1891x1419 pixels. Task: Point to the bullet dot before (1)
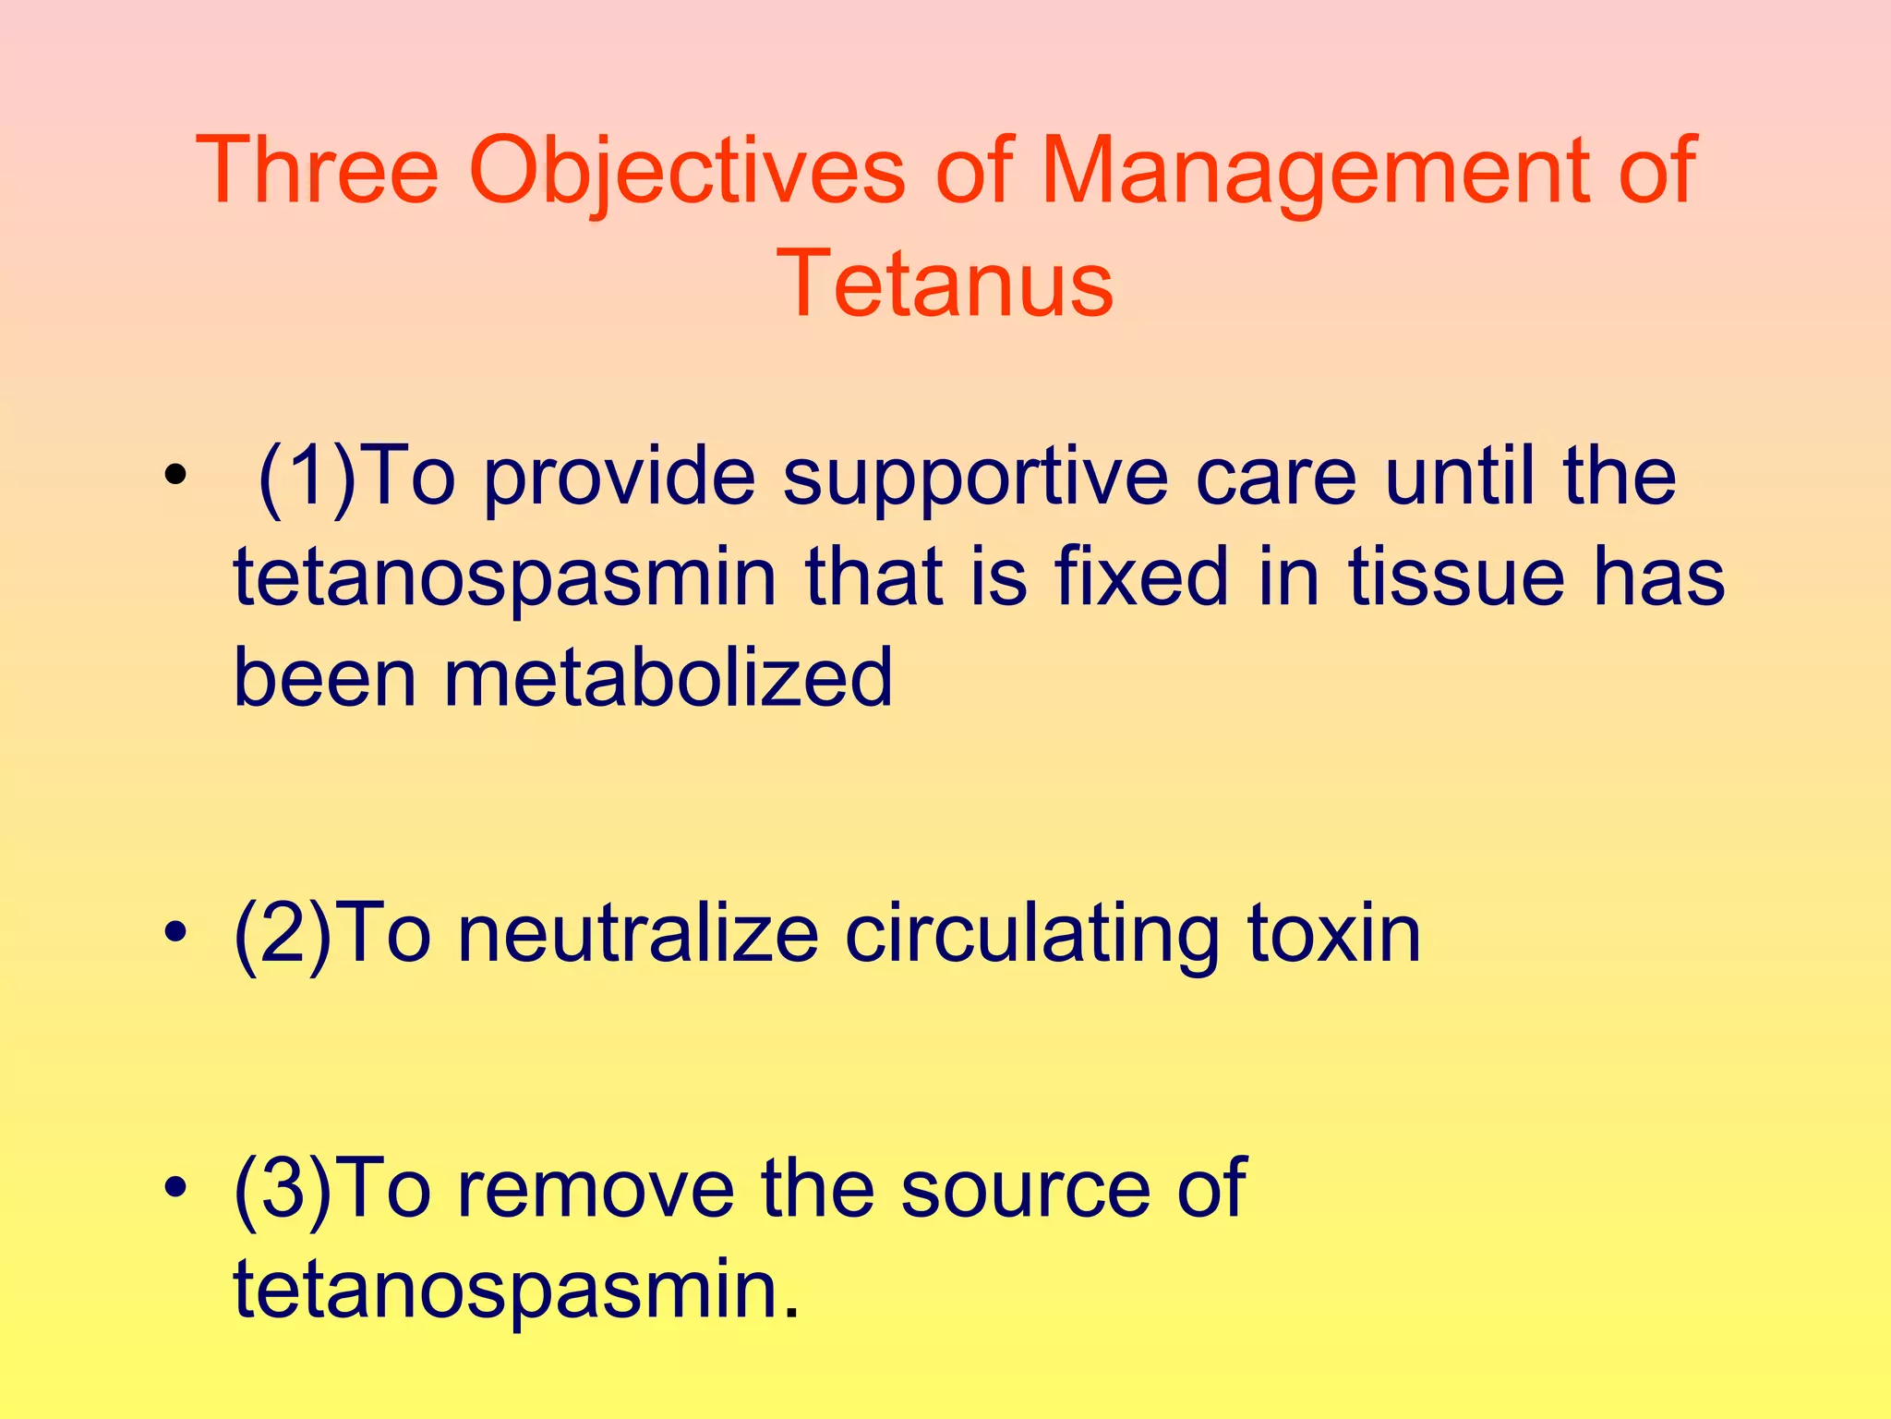tap(175, 478)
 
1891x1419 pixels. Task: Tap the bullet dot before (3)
tap(175, 1187)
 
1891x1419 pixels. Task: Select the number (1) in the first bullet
tap(307, 478)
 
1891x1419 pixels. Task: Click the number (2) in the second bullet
tap(283, 935)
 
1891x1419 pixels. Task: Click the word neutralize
tap(638, 935)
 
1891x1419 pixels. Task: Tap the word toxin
tap(1333, 935)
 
